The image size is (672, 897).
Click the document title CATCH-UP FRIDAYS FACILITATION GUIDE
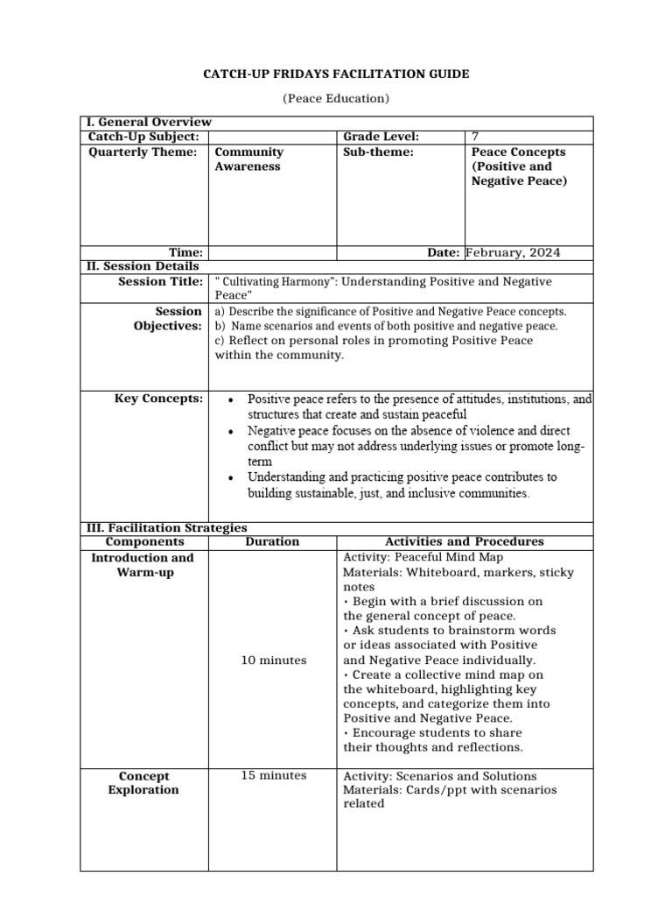click(336, 74)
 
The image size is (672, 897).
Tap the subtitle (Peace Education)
click(336, 99)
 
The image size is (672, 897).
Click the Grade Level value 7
click(475, 137)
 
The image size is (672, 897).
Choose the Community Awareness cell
click(249, 159)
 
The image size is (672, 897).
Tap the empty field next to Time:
click(272, 253)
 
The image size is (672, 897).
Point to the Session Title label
click(160, 281)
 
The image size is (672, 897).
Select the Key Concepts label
click(158, 399)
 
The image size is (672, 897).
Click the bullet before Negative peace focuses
click(230, 432)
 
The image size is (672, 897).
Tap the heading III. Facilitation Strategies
click(165, 528)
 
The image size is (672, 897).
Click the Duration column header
click(272, 541)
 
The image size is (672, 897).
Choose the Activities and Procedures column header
click(464, 541)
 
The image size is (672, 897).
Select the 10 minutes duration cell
click(274, 660)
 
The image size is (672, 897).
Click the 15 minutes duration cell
click(274, 775)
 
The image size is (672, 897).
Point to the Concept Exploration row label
click(143, 782)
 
